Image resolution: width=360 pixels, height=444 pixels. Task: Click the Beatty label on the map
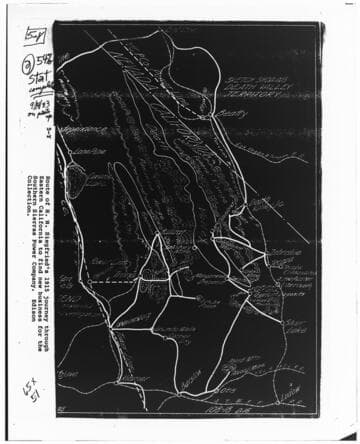coord(232,116)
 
